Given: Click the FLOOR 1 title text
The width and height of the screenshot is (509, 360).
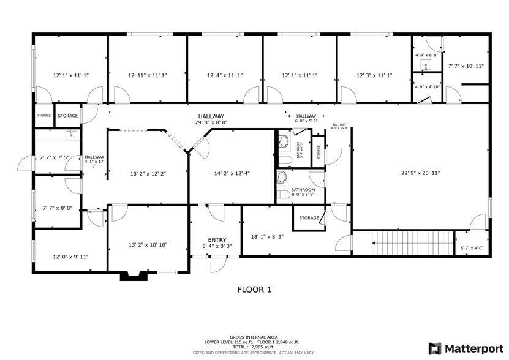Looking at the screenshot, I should (x=254, y=290).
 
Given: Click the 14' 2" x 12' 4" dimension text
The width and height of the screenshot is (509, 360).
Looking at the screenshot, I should (x=232, y=173).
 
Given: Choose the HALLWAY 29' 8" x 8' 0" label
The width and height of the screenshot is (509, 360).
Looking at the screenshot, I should (x=211, y=119).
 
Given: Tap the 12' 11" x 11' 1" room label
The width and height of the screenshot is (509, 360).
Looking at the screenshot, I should (x=148, y=75).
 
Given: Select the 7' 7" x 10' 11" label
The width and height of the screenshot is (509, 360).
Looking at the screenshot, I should (x=466, y=66).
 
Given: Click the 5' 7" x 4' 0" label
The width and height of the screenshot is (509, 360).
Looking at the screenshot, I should (x=472, y=248).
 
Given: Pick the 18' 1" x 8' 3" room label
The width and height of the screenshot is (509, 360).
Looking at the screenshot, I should (x=268, y=236).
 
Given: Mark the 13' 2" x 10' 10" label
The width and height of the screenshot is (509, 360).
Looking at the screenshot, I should (x=148, y=245).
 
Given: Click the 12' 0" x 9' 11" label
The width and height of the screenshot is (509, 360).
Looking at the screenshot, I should (x=70, y=257).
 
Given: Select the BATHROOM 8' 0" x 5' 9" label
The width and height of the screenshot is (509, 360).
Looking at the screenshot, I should (x=303, y=192).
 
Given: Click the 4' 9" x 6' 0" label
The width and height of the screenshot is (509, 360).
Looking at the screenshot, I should (x=428, y=55).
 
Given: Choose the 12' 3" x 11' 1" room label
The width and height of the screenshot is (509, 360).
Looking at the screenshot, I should (x=374, y=75).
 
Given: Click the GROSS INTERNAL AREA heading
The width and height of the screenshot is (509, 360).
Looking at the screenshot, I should (x=254, y=337).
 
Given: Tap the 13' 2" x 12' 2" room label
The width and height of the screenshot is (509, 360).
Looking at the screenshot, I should (x=148, y=173).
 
